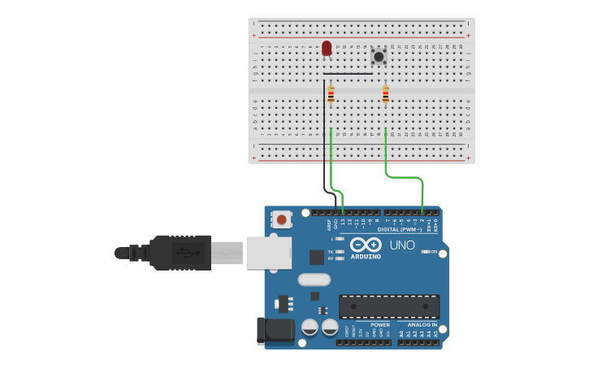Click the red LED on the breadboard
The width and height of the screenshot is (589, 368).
327,49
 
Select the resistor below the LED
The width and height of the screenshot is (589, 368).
331,95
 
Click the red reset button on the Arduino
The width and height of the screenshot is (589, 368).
281,219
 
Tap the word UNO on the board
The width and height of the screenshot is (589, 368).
402,245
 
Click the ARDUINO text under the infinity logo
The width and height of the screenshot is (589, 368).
366,257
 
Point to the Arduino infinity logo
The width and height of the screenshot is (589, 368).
366,245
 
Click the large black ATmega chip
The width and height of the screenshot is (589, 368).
389,306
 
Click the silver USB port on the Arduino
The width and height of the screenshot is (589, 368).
268,252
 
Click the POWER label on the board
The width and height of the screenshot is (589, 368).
379,325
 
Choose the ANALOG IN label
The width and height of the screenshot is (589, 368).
422,325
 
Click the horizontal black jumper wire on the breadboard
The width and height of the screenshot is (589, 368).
348,74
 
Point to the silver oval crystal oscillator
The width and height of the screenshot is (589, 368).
314,279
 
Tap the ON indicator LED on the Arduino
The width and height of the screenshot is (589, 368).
425,252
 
